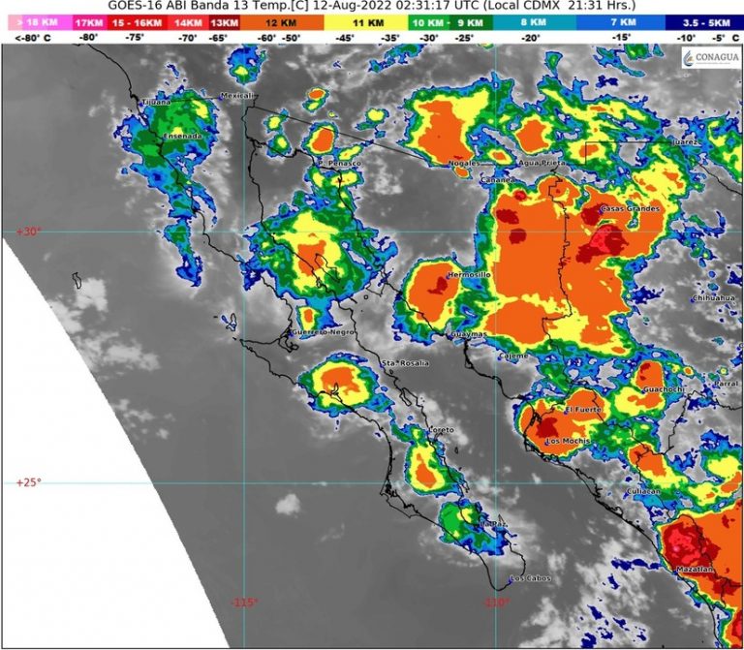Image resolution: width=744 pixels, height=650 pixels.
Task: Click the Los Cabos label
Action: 530,579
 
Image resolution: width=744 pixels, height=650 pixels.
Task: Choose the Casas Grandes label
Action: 631,209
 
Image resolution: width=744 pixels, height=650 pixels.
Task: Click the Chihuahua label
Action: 715,298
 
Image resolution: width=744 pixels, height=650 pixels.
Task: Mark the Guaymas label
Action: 468,335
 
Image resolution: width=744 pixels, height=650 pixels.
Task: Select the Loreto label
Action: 414,429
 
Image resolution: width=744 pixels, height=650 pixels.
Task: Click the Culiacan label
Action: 643,491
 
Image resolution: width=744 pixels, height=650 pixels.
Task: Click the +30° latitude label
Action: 28,232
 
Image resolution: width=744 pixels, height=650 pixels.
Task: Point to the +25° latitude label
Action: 28,482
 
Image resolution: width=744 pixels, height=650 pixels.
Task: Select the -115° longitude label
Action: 244,603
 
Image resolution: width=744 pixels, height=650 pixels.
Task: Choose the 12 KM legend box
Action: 285,21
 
